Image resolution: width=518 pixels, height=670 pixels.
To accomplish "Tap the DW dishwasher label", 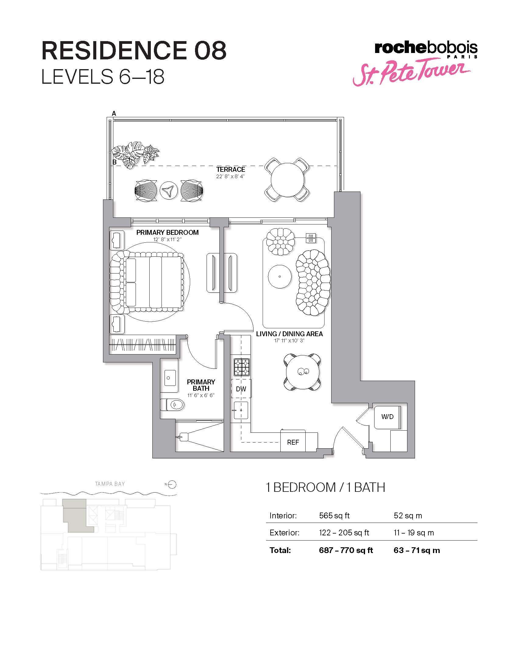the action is coord(241,389).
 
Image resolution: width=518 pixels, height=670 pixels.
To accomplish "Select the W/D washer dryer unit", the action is coord(387,417).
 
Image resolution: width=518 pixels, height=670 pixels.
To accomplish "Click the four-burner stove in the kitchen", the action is coord(242,367).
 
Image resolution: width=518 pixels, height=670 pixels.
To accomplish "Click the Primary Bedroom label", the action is coord(168,233).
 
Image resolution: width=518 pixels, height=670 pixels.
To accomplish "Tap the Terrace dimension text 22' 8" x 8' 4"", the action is coord(230,176).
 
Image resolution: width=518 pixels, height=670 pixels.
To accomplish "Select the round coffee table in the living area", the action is coord(279,277).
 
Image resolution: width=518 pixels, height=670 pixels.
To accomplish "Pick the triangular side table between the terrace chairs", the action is coord(169,191).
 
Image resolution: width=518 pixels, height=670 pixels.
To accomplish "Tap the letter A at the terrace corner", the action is coord(114,114).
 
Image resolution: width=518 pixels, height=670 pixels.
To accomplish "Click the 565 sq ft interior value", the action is coord(334,515).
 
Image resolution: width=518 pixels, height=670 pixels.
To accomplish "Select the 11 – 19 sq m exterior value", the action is coord(414,533).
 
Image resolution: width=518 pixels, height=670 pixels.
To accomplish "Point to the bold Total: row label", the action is coord(280,550).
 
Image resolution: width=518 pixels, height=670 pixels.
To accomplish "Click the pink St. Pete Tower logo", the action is coord(411,72).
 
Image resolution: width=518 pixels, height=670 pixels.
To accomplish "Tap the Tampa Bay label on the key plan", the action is coord(110,484).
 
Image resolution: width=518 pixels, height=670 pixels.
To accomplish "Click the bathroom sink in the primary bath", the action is coord(168,378).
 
